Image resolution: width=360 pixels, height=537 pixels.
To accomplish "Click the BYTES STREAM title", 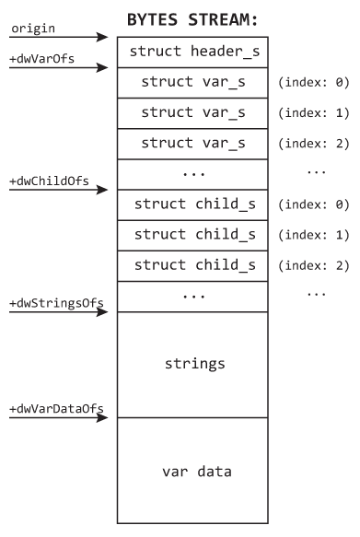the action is [x=192, y=19].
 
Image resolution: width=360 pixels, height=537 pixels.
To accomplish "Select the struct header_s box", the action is [x=192, y=53].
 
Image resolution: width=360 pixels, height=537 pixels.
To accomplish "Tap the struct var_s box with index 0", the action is [x=192, y=83].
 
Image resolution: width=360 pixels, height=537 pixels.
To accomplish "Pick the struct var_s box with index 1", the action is [x=192, y=113].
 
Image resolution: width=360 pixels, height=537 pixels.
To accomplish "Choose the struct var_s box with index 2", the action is [x=192, y=144].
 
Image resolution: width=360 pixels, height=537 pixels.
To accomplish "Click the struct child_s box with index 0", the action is [x=192, y=204].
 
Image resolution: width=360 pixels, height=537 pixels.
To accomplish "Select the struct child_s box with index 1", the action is [x=192, y=235].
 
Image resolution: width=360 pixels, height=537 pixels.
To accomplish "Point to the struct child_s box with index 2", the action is [x=192, y=266].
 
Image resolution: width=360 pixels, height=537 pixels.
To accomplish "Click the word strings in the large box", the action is [x=194, y=364].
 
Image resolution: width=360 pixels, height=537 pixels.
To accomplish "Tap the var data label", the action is [x=197, y=472].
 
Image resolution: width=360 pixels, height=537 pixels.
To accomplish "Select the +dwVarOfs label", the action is [x=41, y=59].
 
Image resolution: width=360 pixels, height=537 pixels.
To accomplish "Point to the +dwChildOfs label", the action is [x=50, y=181].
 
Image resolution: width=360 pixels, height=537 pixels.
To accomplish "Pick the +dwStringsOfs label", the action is [x=56, y=303].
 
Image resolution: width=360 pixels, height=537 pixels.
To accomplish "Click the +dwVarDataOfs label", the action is [x=56, y=409].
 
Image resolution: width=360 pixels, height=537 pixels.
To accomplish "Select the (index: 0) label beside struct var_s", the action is [x=313, y=83].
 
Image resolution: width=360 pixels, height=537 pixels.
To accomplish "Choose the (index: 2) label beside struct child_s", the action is [x=313, y=266].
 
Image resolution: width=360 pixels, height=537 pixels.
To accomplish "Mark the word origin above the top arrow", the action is [x=33, y=29].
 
